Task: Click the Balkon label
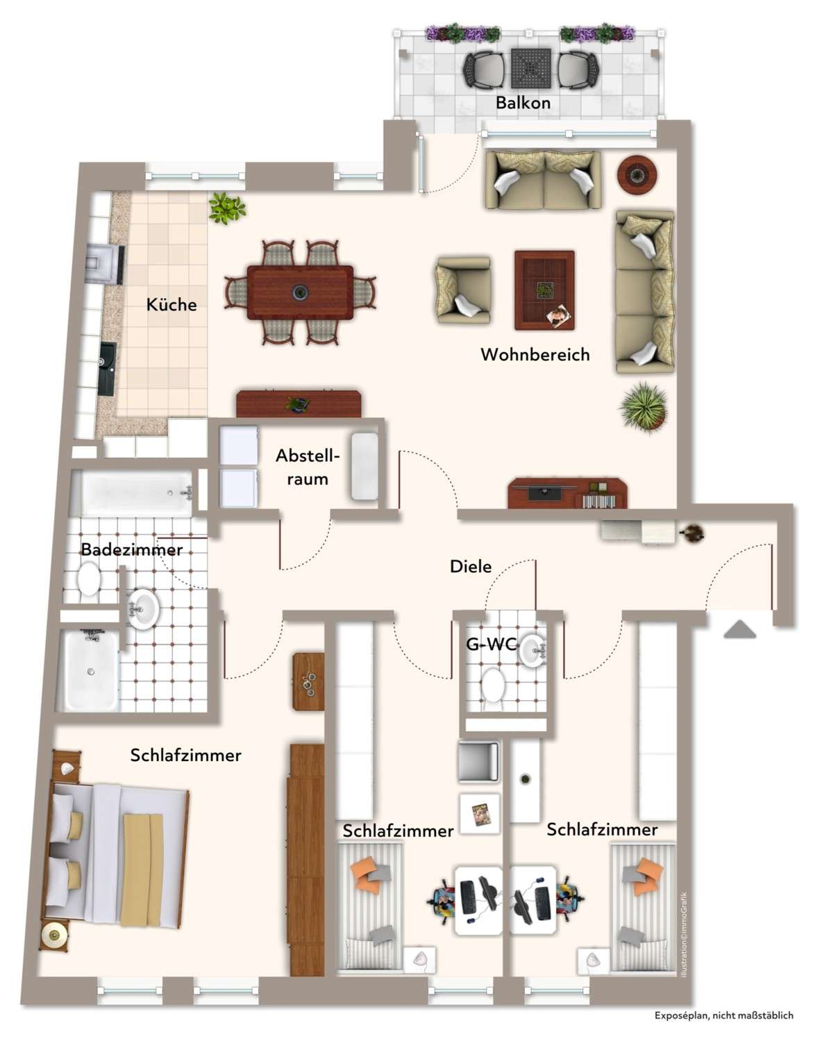pos(523,103)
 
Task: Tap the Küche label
pos(171,304)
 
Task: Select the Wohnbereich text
pos(535,354)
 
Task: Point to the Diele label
pos(471,566)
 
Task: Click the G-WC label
pos(491,644)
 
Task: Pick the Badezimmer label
pos(131,549)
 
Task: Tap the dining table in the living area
pos(300,292)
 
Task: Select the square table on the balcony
pos(531,68)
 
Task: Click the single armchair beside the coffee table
pos(463,290)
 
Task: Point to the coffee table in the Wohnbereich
pos(544,290)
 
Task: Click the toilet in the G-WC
pos(494,684)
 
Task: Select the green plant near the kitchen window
pos(226,207)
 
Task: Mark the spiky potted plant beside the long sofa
pos(644,407)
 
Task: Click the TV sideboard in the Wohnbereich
pos(567,493)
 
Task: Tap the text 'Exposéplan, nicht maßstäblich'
pos(723,1015)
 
